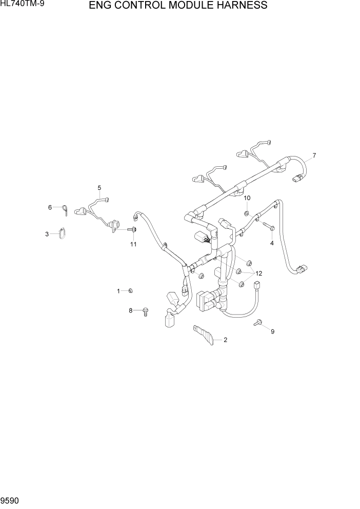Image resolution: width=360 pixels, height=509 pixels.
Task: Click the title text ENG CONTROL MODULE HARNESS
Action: (x=178, y=6)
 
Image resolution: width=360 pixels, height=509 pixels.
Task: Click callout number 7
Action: (x=314, y=155)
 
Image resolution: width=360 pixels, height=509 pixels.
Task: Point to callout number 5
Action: (x=99, y=188)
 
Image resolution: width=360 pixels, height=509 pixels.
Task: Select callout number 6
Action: (x=50, y=207)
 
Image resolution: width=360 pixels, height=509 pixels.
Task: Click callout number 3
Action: (x=47, y=234)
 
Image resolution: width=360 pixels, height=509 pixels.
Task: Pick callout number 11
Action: (x=133, y=244)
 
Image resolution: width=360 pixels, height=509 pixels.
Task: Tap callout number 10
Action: (x=247, y=198)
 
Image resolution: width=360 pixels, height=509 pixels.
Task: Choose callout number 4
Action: (x=272, y=243)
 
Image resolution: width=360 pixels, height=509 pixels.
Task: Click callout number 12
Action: (x=258, y=273)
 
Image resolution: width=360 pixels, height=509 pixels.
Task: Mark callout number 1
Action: (x=118, y=291)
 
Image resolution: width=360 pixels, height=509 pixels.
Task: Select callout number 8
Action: (x=131, y=310)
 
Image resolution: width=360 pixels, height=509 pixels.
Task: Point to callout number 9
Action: (x=272, y=331)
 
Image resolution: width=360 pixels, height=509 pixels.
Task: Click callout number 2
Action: (x=225, y=340)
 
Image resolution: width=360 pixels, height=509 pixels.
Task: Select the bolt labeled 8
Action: (x=145, y=311)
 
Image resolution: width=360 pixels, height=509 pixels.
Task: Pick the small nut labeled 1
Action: (x=130, y=291)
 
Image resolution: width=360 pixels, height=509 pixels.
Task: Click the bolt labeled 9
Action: (x=258, y=323)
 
